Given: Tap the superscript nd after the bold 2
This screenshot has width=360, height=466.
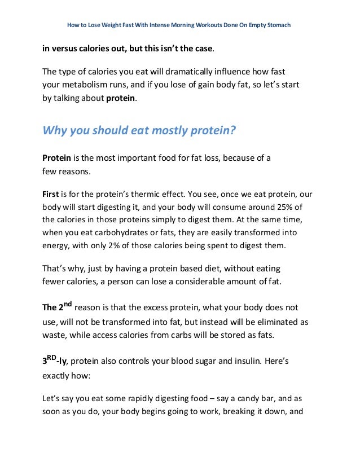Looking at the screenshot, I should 65,304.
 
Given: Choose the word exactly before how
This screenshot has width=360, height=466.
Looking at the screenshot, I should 60,375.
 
